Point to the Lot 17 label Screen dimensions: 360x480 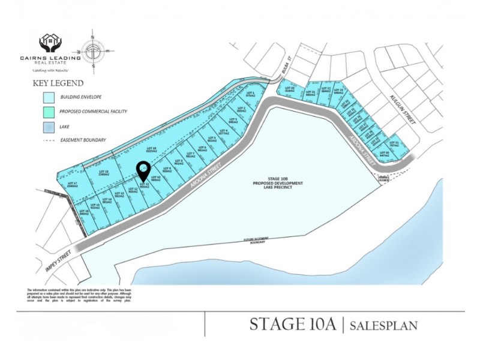(x=72, y=184)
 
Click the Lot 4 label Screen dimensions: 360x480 (x=224, y=131)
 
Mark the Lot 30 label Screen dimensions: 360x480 (x=384, y=154)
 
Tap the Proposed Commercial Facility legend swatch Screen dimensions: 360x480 (x=49, y=112)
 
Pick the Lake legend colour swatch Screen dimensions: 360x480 (x=49, y=126)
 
